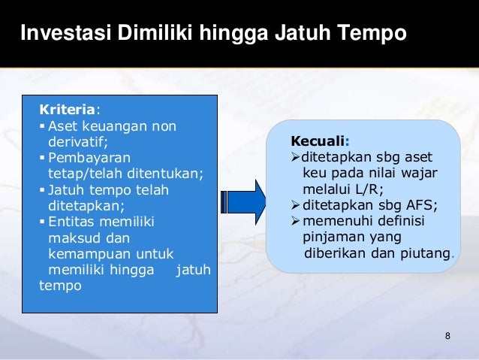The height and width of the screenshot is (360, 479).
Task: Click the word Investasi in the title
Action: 60,34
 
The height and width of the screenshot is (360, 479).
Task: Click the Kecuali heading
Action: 318,141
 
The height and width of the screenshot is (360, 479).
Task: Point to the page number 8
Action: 447,334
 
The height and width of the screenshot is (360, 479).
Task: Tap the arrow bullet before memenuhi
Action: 295,222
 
